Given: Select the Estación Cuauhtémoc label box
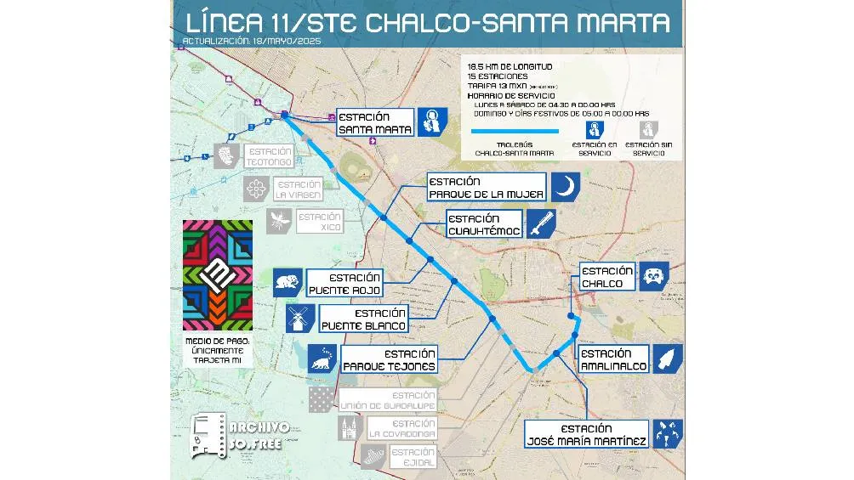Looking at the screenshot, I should coord(481,224).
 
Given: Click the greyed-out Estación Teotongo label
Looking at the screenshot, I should coord(268,155).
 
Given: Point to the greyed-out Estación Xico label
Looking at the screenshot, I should coord(319,222).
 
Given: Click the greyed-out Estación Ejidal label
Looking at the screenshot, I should coord(414,457).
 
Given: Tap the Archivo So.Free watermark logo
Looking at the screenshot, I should coord(242,437).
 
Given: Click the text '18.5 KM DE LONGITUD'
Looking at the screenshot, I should coord(510,65).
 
